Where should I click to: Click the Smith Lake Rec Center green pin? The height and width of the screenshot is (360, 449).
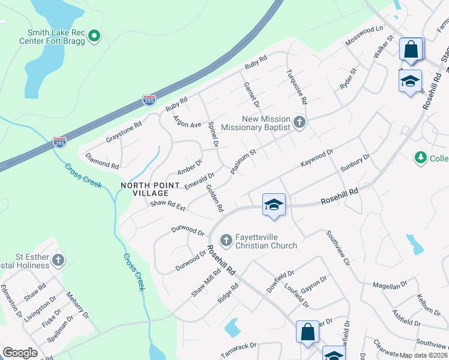coord(94,37)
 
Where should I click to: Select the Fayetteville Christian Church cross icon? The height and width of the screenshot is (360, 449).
coord(227,241)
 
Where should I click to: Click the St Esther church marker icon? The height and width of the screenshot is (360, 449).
coord(58,260)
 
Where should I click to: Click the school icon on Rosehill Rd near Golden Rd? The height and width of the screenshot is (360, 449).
coord(274,205)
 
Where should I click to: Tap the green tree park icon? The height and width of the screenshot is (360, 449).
coord(420,158)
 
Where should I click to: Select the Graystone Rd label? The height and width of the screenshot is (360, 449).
coord(124,130)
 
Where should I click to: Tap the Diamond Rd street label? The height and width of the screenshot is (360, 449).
coord(102,161)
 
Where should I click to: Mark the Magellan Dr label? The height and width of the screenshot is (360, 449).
coord(390,286)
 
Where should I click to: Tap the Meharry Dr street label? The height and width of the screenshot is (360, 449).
coord(78,306)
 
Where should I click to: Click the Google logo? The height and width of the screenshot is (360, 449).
coord(20,353)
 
